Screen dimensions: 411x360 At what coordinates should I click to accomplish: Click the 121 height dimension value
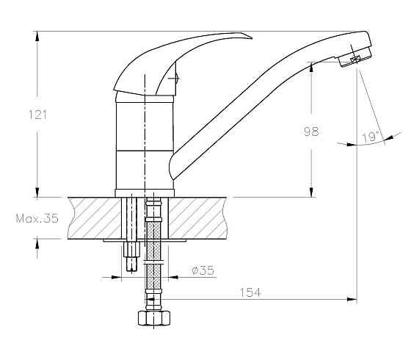[x=37, y=115]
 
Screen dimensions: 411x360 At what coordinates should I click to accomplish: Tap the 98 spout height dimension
[x=311, y=132]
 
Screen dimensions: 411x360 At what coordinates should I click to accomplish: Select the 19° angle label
[x=371, y=137]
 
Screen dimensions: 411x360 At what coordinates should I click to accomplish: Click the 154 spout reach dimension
[x=250, y=292]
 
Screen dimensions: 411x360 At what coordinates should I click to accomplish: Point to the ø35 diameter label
[x=203, y=270]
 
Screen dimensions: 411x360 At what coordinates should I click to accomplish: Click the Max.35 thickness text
[x=37, y=219]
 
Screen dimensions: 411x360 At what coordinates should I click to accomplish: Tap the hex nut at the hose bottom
[x=154, y=318]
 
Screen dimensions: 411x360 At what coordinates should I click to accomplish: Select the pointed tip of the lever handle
[x=251, y=38]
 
